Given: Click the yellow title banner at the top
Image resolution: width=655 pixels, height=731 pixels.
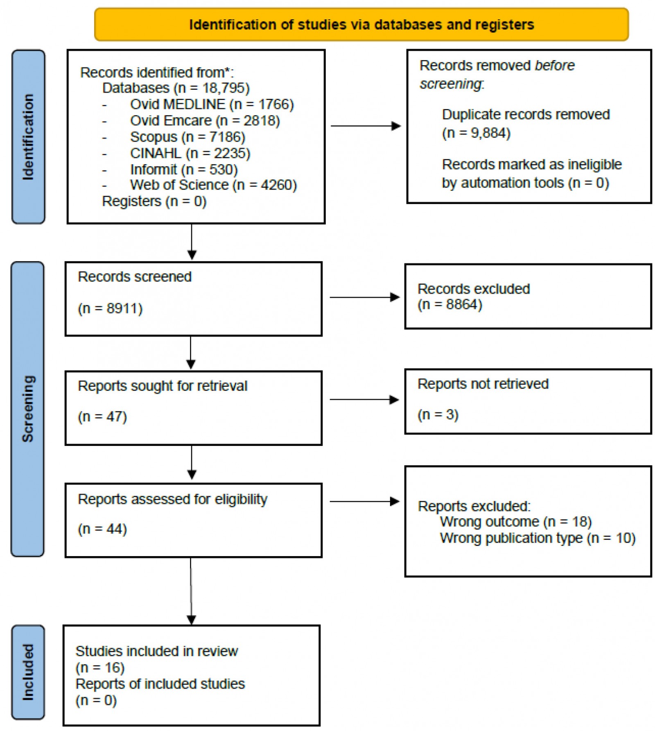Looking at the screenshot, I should (x=361, y=25).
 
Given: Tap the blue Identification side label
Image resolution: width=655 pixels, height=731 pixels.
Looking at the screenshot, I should (x=28, y=137).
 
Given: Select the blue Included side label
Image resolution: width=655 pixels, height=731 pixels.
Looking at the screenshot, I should (x=28, y=672).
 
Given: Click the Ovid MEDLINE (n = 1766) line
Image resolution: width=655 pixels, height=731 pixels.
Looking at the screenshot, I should (x=212, y=104).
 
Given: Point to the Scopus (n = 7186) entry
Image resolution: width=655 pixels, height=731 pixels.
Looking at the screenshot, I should (x=187, y=137).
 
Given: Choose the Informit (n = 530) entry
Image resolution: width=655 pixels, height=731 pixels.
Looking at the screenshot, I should (x=184, y=170).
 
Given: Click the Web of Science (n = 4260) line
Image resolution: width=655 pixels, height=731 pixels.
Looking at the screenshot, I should (x=213, y=185).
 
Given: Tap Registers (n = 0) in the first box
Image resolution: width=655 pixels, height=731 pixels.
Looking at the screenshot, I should (x=154, y=201).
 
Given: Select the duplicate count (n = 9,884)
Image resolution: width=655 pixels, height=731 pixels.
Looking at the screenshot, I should (x=476, y=133).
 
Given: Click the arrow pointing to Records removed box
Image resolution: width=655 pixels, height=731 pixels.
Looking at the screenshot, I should (x=366, y=126).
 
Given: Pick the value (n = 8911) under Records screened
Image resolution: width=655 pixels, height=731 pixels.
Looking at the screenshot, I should (x=110, y=308).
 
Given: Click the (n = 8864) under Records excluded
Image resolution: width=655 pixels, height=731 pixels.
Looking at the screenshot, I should (x=449, y=305).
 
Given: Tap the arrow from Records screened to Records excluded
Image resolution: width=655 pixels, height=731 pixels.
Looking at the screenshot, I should (x=364, y=297).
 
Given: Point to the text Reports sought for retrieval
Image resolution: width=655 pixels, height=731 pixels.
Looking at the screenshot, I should (x=163, y=386).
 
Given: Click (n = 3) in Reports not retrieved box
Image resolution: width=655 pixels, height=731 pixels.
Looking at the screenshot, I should (x=438, y=415).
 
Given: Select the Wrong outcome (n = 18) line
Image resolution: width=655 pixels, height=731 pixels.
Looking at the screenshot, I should (x=515, y=522).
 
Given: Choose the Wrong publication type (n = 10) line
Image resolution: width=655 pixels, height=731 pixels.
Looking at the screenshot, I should (x=537, y=538).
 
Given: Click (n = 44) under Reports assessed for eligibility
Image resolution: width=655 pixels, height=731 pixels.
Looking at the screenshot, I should (x=102, y=529).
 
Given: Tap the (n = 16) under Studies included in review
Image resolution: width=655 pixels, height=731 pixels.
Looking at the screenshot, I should (x=100, y=668).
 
